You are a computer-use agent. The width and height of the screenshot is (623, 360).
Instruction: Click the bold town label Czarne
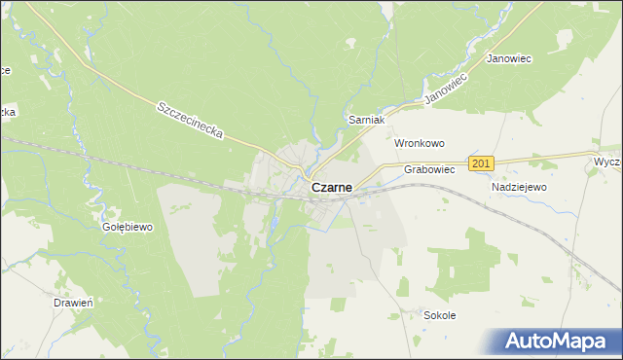pyautogui.click(x=332, y=188)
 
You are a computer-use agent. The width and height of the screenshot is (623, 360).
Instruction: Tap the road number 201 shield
pyautogui.click(x=482, y=163)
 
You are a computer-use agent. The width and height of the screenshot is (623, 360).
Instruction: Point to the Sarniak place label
pyautogui.click(x=369, y=120)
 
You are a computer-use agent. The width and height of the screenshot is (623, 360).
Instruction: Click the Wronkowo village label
pyautogui.click(x=419, y=143)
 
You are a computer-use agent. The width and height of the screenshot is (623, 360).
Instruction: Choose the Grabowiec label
pyautogui.click(x=429, y=169)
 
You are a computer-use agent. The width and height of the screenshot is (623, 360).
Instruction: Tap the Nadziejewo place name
pyautogui.click(x=520, y=187)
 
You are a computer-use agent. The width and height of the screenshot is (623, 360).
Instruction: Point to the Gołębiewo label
pyautogui.click(x=128, y=227)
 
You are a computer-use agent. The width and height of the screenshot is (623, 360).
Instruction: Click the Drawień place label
pyautogui.click(x=73, y=303)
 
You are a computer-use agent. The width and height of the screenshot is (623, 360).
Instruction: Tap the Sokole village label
pyautogui.click(x=440, y=315)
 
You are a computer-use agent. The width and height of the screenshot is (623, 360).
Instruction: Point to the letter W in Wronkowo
pyautogui.click(x=398, y=143)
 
